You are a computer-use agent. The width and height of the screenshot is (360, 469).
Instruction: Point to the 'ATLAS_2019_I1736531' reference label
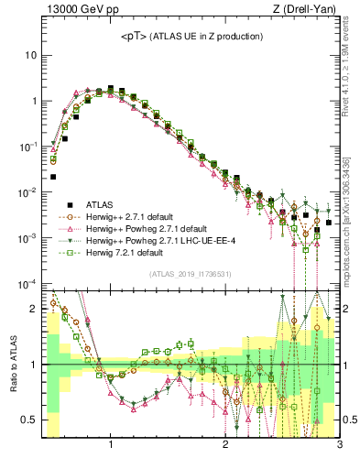tap(190, 273)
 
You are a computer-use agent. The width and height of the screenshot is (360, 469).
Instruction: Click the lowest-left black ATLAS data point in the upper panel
tap(53, 177)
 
